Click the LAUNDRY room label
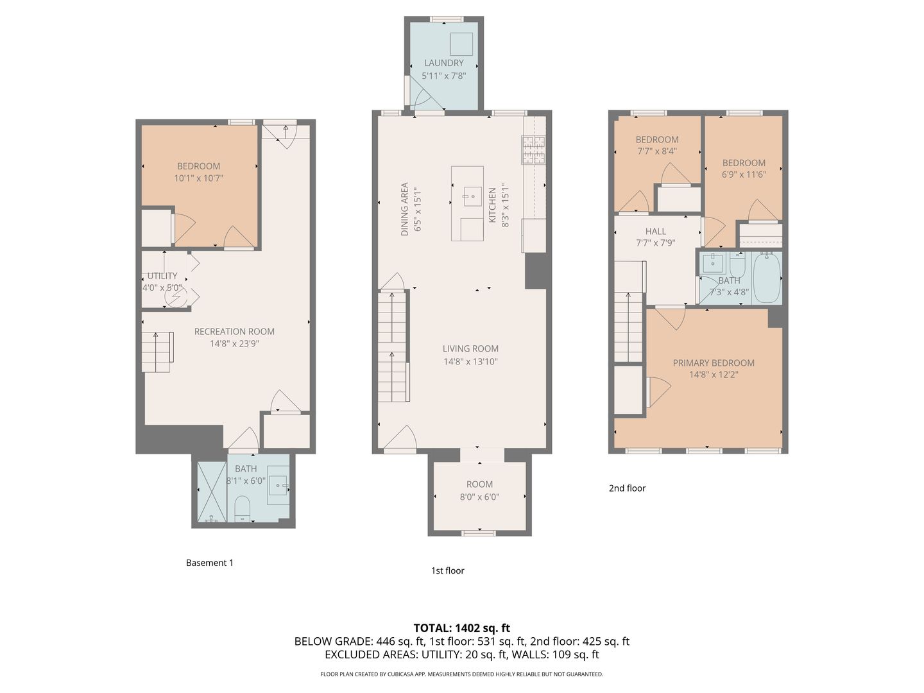(x=443, y=63)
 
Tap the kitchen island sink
(x=473, y=196)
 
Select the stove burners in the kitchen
(x=533, y=150)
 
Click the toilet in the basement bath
(x=242, y=509)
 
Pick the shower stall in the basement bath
(x=212, y=492)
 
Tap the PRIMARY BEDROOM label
(x=714, y=363)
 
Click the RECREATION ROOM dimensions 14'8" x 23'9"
(x=234, y=343)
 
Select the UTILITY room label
(x=162, y=276)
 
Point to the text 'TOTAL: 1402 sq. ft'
(x=462, y=628)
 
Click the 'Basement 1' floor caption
(x=210, y=563)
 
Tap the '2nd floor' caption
(x=627, y=488)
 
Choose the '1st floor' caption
(x=447, y=570)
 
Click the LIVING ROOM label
(x=470, y=348)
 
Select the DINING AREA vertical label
(x=404, y=209)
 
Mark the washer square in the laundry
(x=461, y=44)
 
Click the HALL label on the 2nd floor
(x=655, y=231)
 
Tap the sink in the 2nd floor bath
(x=713, y=263)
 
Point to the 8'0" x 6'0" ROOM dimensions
(x=479, y=497)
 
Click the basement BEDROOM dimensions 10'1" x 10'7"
(x=199, y=178)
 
